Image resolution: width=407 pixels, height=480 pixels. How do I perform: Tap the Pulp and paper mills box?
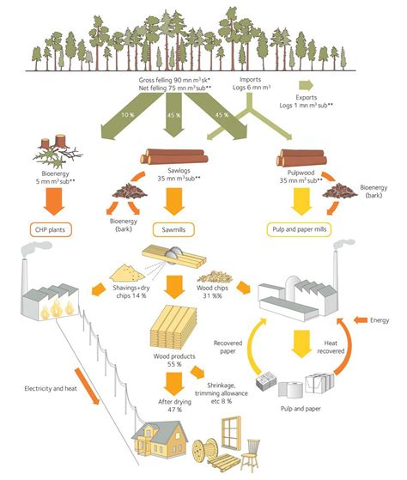302,230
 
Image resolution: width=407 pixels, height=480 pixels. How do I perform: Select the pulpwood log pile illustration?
301,157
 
